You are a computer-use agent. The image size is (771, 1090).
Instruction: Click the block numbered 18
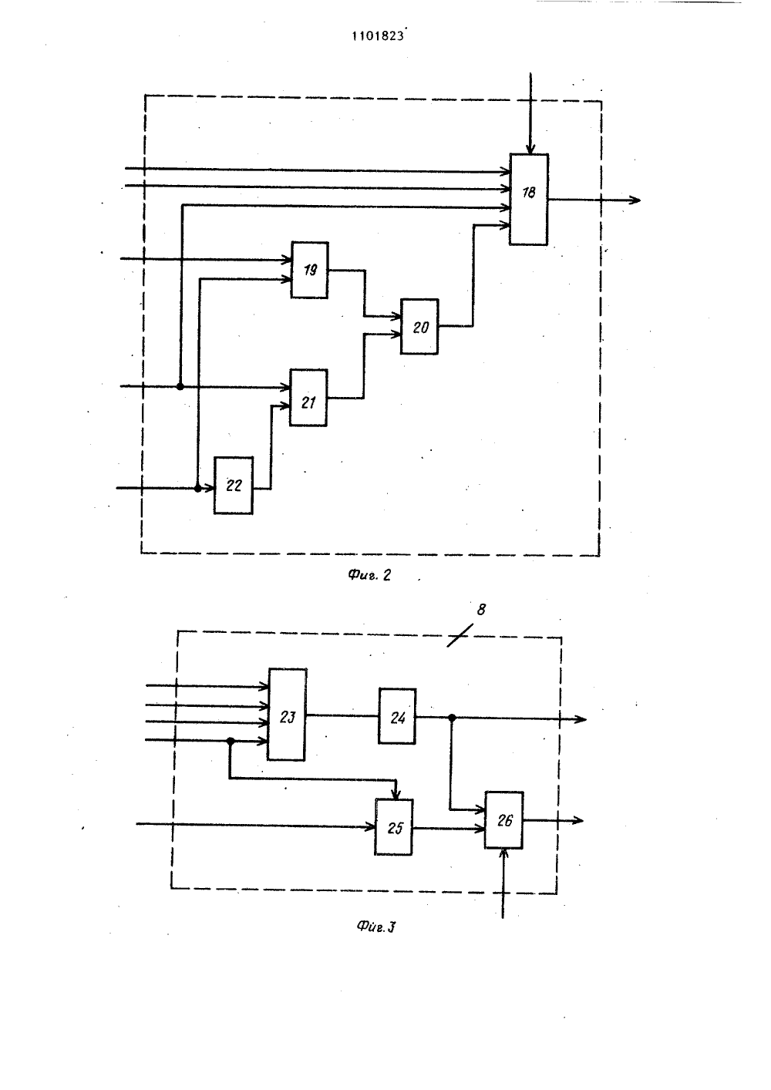(529, 199)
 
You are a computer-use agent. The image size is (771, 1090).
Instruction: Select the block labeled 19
(310, 270)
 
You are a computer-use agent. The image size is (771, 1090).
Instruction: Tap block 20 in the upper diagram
(419, 327)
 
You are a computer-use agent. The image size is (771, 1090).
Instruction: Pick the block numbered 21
(308, 398)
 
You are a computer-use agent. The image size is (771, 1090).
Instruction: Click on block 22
(234, 485)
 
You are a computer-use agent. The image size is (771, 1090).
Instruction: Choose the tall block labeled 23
(287, 715)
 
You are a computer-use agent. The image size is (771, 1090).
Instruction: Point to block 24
(397, 716)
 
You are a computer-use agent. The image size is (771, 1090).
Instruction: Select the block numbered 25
(394, 827)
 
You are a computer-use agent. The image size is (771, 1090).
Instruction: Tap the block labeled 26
(504, 820)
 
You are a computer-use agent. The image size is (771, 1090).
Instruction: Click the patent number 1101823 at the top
(379, 35)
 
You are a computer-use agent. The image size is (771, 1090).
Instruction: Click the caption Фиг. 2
(369, 575)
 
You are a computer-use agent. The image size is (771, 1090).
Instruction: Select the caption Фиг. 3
(375, 927)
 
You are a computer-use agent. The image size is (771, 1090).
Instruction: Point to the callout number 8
(481, 609)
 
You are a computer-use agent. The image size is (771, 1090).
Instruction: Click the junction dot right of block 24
(452, 718)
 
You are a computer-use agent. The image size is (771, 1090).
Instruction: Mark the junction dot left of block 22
(197, 488)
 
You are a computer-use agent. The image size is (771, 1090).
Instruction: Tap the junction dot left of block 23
(231, 741)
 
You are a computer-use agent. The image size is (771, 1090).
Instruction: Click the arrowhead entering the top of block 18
(530, 149)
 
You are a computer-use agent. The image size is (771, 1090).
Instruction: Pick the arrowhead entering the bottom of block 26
(504, 854)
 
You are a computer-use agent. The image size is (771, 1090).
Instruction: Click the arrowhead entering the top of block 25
(396, 794)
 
